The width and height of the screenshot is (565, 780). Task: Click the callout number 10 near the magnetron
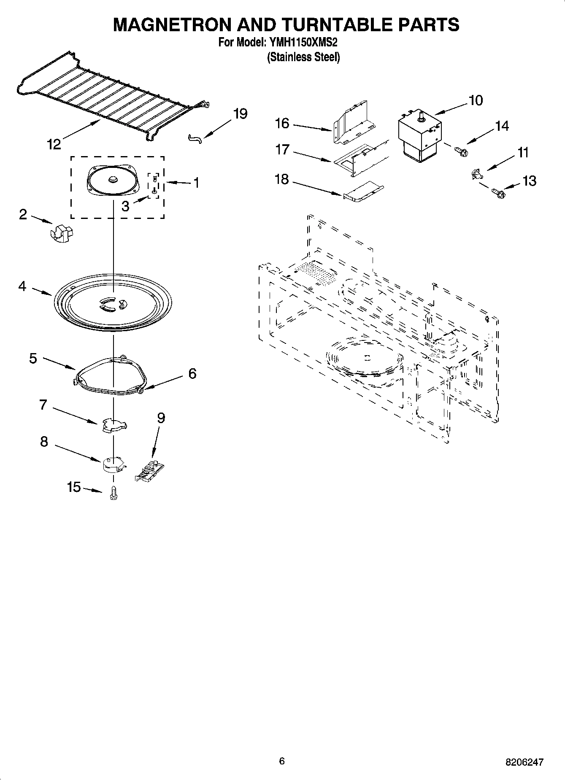[x=476, y=100]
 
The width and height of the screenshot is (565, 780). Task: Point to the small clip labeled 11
[x=476, y=173]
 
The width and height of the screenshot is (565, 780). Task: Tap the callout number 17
[x=282, y=149]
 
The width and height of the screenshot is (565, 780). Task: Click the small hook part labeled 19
[x=195, y=138]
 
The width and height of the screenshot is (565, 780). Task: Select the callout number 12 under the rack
[x=54, y=144]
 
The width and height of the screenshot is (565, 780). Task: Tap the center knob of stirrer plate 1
[x=113, y=179]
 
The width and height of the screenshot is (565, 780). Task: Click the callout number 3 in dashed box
[x=125, y=206]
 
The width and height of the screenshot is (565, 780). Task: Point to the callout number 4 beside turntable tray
[x=22, y=286]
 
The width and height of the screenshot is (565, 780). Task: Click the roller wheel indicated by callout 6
[x=141, y=392]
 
